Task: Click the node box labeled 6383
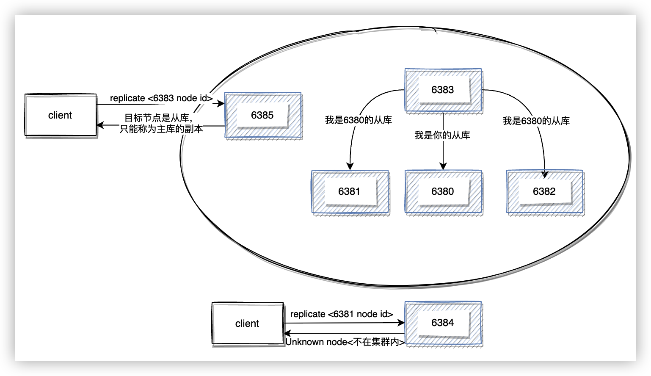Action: [x=443, y=90]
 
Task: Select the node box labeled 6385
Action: [x=262, y=115]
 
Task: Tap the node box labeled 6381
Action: [x=350, y=191]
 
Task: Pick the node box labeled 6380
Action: [x=443, y=191]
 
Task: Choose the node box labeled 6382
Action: [x=544, y=191]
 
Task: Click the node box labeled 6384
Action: [x=443, y=323]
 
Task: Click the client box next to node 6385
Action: [x=60, y=115]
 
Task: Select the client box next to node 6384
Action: [x=247, y=323]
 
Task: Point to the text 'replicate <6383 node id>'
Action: [x=161, y=98]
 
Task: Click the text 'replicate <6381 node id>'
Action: [x=342, y=314]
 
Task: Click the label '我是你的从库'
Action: [x=442, y=135]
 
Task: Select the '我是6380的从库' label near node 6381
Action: [x=359, y=120]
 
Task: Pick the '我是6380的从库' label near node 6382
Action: [x=536, y=121]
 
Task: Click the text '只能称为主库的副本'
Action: [x=161, y=129]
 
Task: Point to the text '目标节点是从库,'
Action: [x=158, y=118]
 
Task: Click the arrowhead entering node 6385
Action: [x=221, y=104]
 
